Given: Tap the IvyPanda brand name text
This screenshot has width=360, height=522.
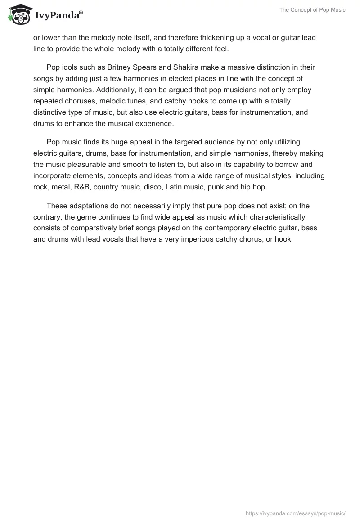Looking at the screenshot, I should pos(58,16).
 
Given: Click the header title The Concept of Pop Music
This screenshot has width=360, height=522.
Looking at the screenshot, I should pos(312,10).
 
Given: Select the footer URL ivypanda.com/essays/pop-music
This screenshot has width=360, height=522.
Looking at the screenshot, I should pos(296,513).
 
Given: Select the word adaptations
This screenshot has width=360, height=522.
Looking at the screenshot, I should pos(86,206).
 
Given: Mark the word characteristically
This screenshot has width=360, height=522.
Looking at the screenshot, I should pos(270,217).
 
